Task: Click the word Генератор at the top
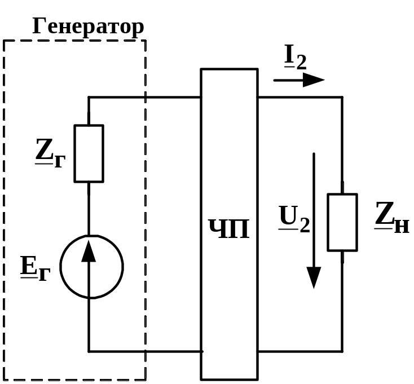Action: (88, 27)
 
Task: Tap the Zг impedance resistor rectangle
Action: (89, 153)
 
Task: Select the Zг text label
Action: (50, 154)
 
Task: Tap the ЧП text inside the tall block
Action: (229, 229)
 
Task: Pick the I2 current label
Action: (295, 58)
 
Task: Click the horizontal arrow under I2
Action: (299, 80)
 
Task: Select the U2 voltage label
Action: (294, 218)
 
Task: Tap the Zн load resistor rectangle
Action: (342, 222)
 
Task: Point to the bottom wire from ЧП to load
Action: (299, 351)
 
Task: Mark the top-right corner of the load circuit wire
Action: (342, 97)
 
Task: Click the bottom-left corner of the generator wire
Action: (89, 351)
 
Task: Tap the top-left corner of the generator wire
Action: (89, 97)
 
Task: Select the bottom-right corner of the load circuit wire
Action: (342, 351)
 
